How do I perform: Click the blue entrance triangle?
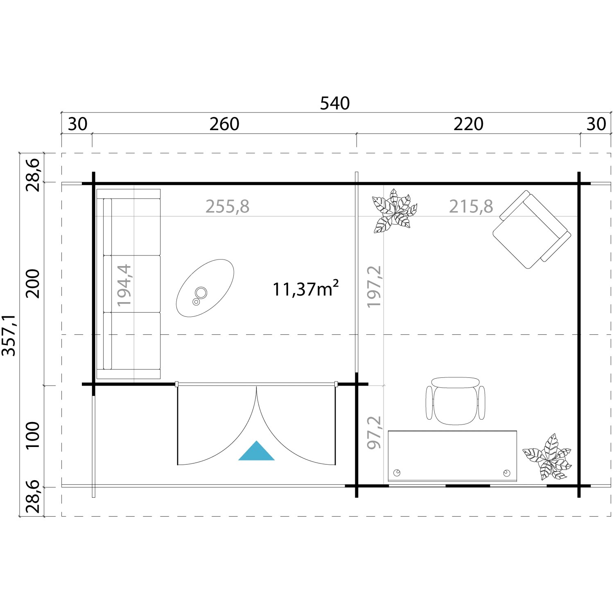[x=256, y=451]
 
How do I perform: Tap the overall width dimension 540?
[x=335, y=104]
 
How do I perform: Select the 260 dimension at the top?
[x=224, y=124]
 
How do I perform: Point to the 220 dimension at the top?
[x=468, y=124]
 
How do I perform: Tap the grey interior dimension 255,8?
[x=227, y=207]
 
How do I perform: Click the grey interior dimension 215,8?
[x=471, y=207]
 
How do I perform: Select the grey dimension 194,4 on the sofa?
[x=124, y=285]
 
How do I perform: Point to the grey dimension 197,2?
[x=374, y=287]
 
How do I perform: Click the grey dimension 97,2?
[x=374, y=432]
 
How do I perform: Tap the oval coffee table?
[x=205, y=288]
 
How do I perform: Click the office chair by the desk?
[x=455, y=400]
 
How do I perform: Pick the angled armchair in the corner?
[x=531, y=229]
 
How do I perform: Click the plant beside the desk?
[x=547, y=457]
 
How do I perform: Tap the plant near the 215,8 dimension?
[x=394, y=211]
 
